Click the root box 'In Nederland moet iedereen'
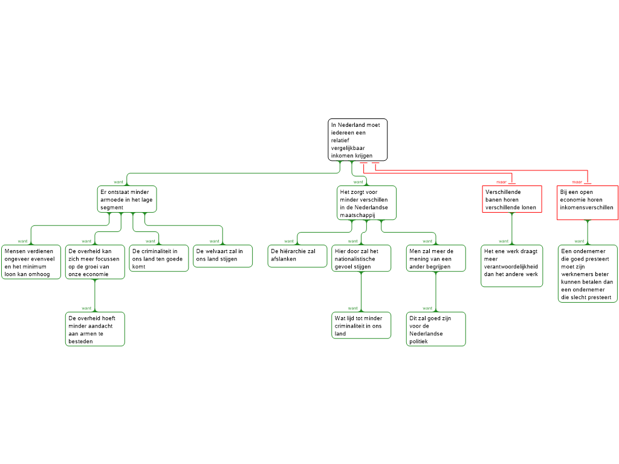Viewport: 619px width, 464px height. pyautogui.click(x=358, y=140)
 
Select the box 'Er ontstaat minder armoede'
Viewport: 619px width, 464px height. pyautogui.click(x=127, y=199)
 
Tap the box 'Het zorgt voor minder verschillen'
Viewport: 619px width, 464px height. pyautogui.click(x=367, y=202)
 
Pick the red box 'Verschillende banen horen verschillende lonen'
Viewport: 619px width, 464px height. pyautogui.click(x=513, y=199)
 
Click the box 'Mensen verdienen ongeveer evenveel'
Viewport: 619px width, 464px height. pyautogui.click(x=31, y=262)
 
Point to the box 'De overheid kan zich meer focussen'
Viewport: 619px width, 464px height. pyautogui.click(x=95, y=262)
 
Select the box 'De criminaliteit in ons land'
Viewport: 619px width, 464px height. pyautogui.click(x=158, y=258)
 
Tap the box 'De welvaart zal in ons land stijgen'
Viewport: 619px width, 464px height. pyautogui.click(x=222, y=256)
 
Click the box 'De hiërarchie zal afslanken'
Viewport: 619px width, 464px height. pyautogui.click(x=297, y=256)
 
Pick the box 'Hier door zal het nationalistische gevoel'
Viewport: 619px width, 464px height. pyautogui.click(x=361, y=258)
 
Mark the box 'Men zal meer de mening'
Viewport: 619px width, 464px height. pyautogui.click(x=436, y=258)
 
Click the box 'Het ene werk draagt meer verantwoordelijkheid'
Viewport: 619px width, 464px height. pyautogui.click(x=512, y=266)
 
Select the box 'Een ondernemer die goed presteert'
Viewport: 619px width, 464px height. pyautogui.click(x=588, y=273)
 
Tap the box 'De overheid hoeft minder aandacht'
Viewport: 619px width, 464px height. pyautogui.click(x=95, y=329)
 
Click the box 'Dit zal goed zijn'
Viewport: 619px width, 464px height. pyautogui.click(x=436, y=329)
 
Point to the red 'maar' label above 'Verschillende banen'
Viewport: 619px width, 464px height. pyautogui.click(x=501, y=181)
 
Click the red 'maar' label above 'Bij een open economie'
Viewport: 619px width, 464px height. pyautogui.click(x=577, y=181)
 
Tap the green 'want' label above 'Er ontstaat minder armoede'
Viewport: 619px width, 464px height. pyautogui.click(x=118, y=181)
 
